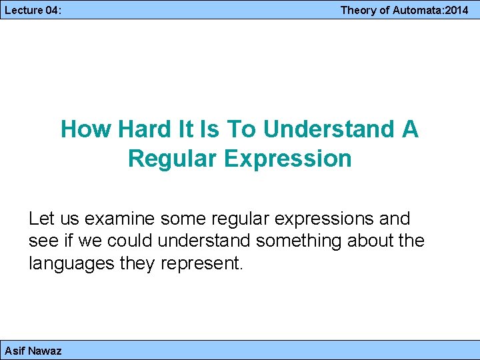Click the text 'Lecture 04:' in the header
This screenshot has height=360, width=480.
28,10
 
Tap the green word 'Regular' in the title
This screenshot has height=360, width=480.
170,159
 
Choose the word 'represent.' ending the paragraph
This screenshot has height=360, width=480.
203,263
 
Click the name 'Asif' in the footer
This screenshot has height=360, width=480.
15,351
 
